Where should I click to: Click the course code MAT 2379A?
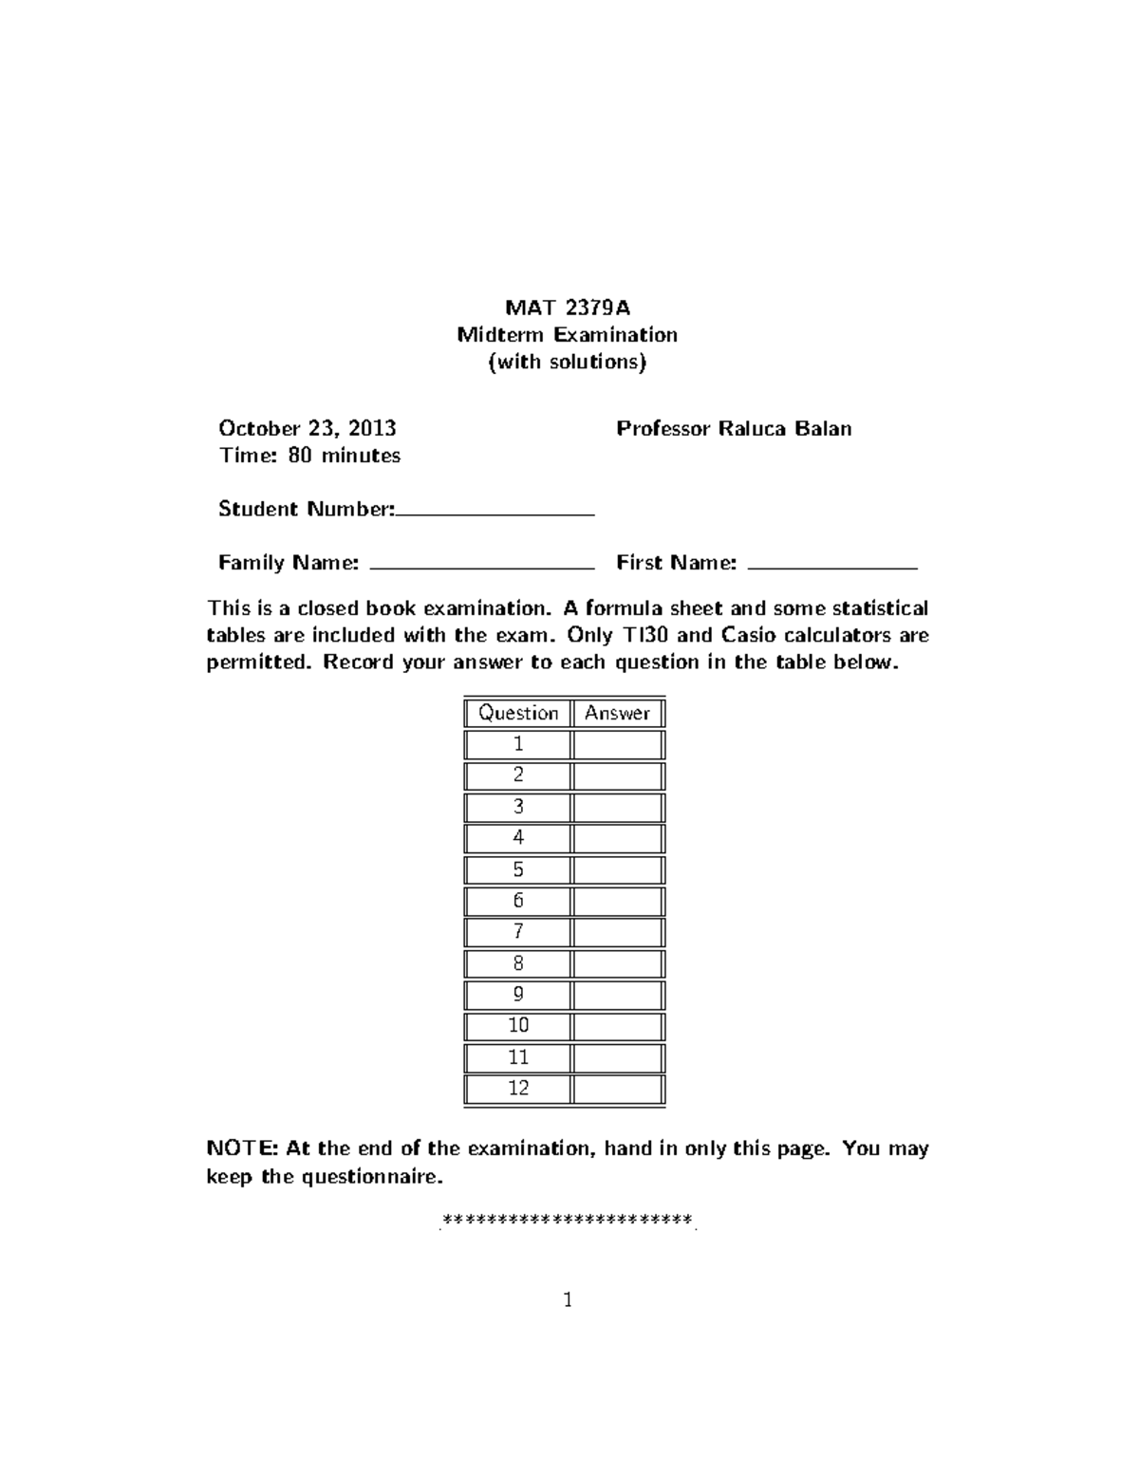[x=568, y=308]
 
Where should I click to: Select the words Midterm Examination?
[x=568, y=334]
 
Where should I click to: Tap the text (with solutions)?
[x=568, y=362]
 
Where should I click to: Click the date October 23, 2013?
[x=308, y=428]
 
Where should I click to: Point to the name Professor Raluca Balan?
[x=734, y=428]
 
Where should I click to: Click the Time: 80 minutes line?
[x=309, y=456]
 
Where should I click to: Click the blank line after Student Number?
[x=495, y=513]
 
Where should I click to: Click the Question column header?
[x=518, y=713]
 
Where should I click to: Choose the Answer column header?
[x=618, y=713]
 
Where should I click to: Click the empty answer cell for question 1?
[x=618, y=744]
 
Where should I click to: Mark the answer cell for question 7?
[x=618, y=932]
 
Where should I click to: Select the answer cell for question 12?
[x=618, y=1088]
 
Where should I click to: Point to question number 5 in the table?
[x=518, y=869]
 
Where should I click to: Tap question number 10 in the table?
[x=518, y=1025]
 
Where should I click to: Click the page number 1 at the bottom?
[x=568, y=1300]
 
